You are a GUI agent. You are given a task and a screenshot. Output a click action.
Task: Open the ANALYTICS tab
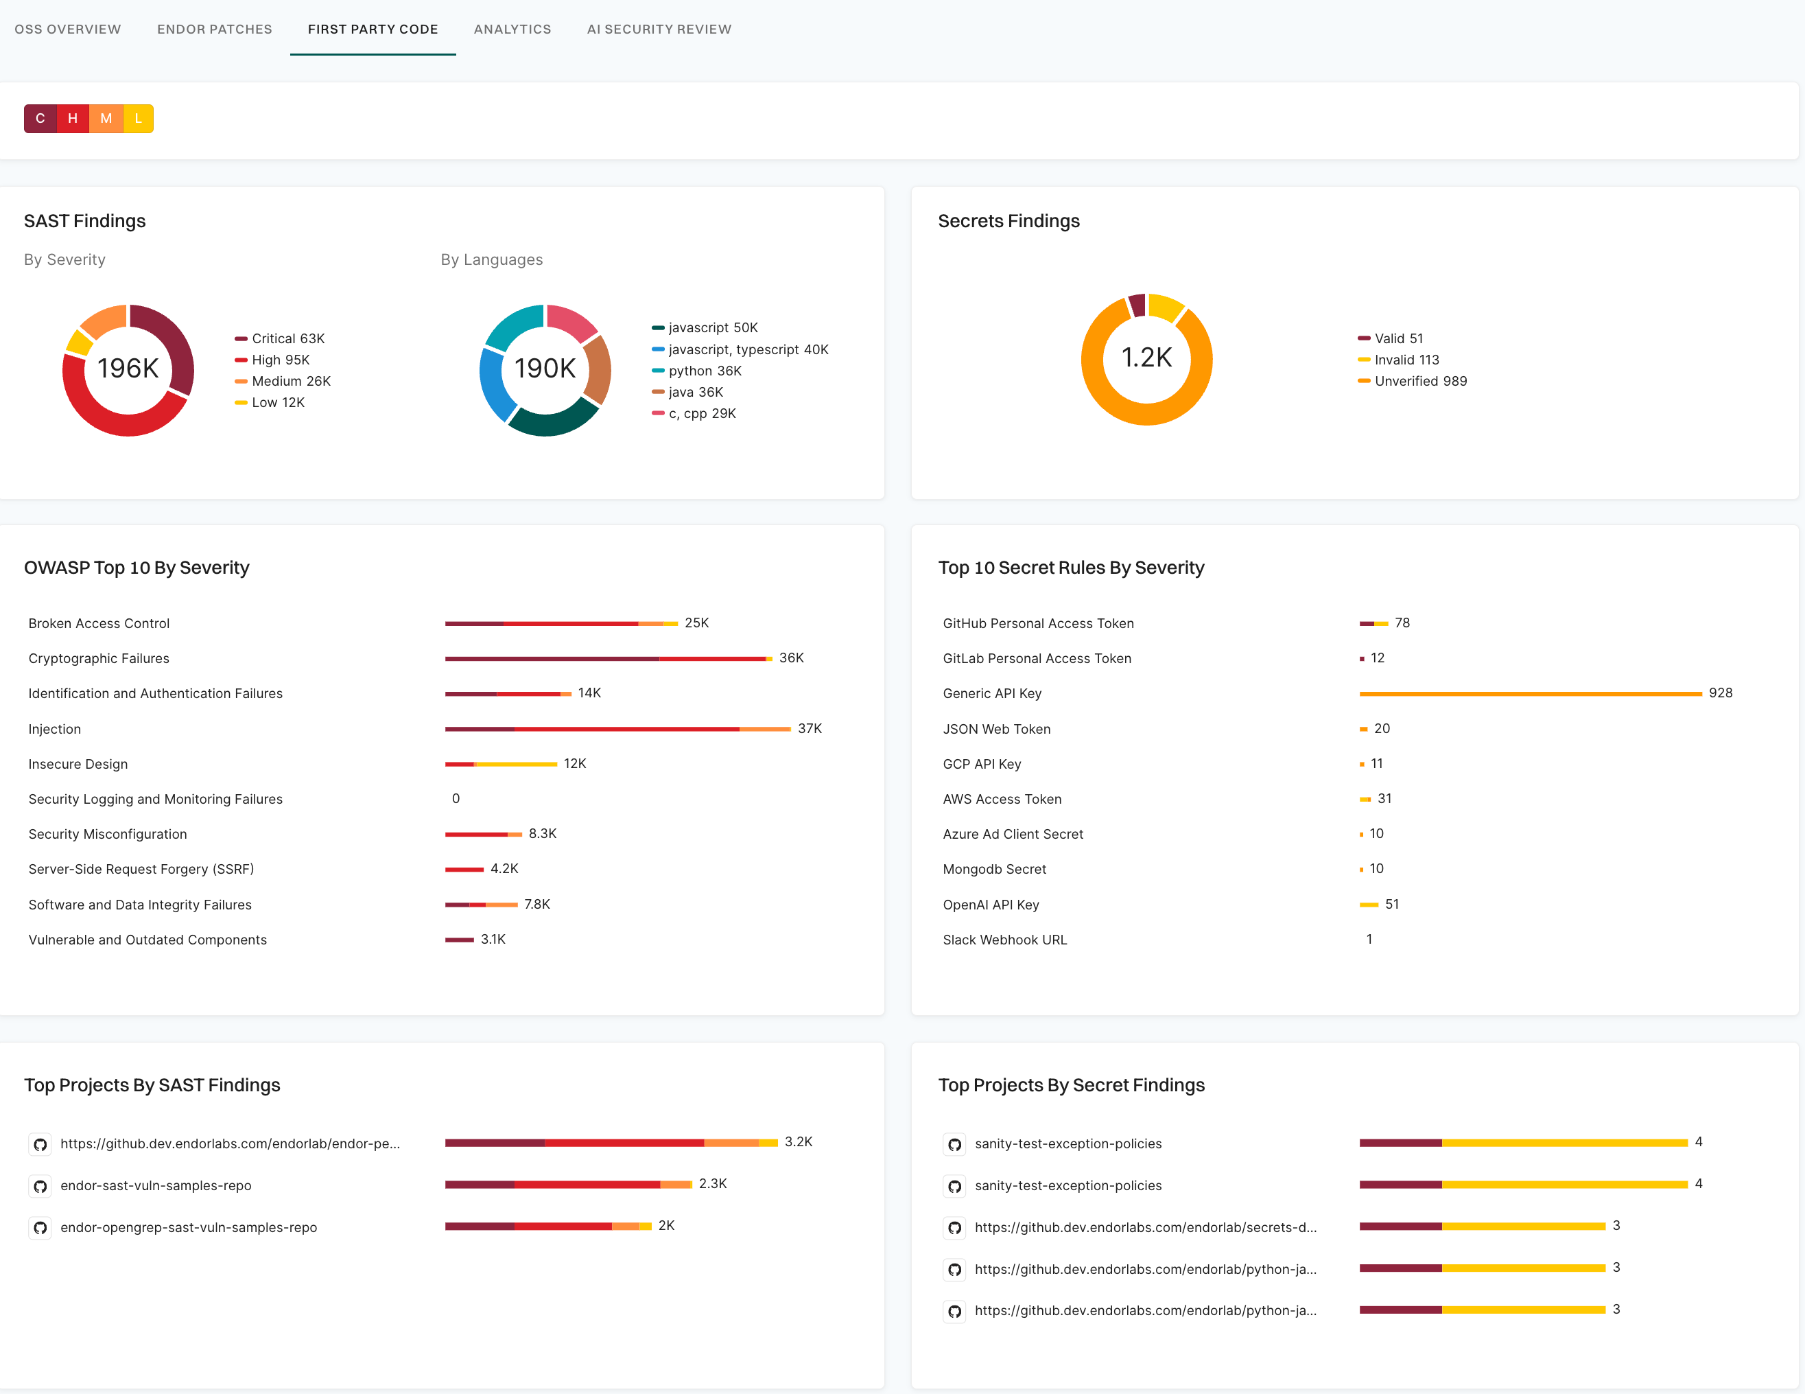[512, 29]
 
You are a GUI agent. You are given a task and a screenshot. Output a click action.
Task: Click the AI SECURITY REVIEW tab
[659, 29]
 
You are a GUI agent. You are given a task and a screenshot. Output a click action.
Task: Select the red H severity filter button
[73, 118]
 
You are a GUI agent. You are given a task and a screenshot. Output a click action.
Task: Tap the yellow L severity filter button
[138, 118]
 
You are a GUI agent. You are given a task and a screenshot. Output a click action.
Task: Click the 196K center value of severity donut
[128, 368]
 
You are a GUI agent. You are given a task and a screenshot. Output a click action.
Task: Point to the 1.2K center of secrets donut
[1146, 357]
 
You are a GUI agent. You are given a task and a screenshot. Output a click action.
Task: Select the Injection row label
[55, 728]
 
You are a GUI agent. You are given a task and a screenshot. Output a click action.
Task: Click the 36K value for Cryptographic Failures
[791, 658]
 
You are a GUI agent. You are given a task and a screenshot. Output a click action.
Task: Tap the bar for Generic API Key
[1529, 693]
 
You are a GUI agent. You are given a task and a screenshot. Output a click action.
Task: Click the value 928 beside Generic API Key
[1720, 693]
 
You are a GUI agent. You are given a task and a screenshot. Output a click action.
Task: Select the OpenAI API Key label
[990, 905]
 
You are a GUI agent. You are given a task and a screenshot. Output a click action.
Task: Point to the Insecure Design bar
[501, 764]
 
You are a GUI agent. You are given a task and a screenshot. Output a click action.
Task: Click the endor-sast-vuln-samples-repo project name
[155, 1185]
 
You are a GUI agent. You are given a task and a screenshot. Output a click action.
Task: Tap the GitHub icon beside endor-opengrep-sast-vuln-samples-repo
[40, 1228]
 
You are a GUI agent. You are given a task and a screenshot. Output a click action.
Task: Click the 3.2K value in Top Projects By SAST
[798, 1142]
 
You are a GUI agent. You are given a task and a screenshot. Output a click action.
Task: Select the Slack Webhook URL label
[1004, 939]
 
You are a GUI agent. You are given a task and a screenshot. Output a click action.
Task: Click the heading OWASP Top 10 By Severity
[137, 567]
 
